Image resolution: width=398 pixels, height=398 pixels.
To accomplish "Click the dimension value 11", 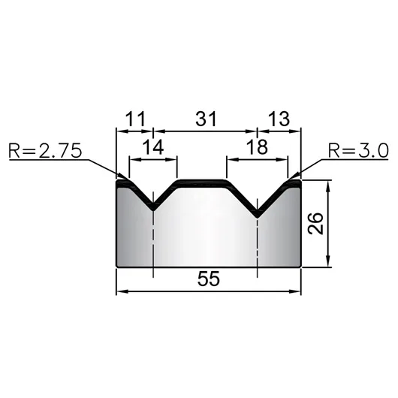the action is tap(135, 119).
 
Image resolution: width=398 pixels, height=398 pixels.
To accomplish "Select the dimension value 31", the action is tap(206, 119).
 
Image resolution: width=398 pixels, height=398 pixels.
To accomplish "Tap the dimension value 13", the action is tap(279, 119).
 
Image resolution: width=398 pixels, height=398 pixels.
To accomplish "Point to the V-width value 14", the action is tap(153, 147).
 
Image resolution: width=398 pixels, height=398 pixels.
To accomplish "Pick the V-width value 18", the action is tap(257, 146).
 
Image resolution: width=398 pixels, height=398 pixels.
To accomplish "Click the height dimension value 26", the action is tap(315, 223).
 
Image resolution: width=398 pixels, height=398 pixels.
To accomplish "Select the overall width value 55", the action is tap(209, 279).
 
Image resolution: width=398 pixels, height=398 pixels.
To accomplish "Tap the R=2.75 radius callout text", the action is tap(45, 151).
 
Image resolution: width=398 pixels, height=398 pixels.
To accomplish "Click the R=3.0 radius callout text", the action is tap(358, 150).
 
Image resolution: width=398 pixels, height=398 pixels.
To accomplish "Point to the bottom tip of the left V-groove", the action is tap(153, 210).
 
